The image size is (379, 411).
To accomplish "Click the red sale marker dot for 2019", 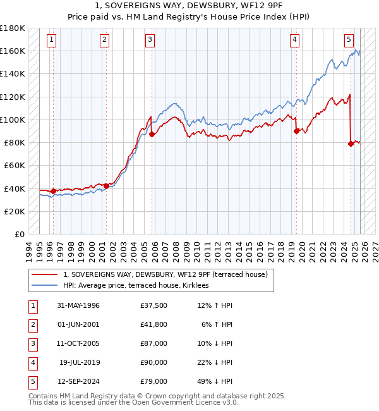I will pos(296,132).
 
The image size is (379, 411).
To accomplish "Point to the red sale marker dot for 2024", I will pos(351,144).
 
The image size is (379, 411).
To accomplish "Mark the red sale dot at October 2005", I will pos(152,134).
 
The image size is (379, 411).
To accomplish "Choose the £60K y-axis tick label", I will pos(14,166).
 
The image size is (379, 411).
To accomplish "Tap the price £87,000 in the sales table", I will pos(154,343).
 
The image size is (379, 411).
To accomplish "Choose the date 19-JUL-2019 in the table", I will pos(79,362).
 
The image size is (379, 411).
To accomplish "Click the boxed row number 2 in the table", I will pos(32,324).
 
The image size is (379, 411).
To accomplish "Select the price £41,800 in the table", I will pos(154,324).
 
